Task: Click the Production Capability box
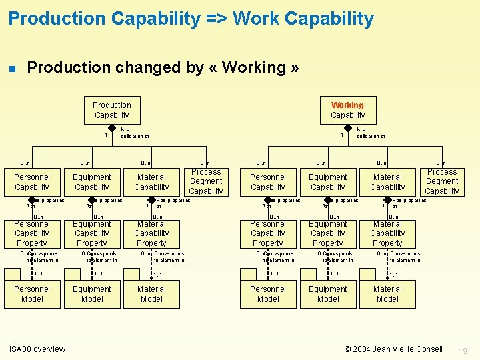[x=111, y=110]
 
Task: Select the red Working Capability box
[x=347, y=110]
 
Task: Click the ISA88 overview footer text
[x=37, y=349]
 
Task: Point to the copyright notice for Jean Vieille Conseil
[x=393, y=349]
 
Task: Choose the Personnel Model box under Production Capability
[x=32, y=294]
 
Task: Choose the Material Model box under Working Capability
[x=387, y=294]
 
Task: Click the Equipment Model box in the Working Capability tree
[x=328, y=294]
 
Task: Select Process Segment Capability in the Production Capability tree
[x=206, y=181]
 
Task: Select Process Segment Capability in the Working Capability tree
[x=442, y=181]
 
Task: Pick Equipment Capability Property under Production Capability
[x=92, y=233]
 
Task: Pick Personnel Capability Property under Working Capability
[x=268, y=233]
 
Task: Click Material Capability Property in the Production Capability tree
[x=151, y=233]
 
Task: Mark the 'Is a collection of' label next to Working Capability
[x=371, y=133]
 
